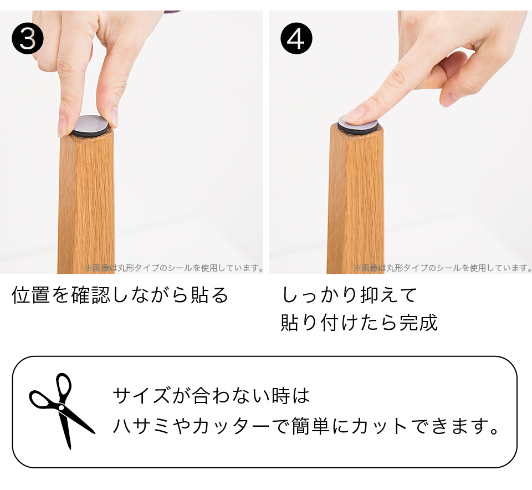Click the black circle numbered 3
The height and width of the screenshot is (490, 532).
(28, 38)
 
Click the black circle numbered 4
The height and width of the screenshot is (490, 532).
(296, 38)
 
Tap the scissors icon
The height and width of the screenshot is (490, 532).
(62, 411)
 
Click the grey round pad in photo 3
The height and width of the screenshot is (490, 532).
(91, 124)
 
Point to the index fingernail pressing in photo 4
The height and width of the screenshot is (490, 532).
(353, 114)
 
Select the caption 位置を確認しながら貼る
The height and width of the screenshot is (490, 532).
(120, 294)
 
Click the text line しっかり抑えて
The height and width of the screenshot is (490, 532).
(350, 294)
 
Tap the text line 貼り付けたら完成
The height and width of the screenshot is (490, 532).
(359, 323)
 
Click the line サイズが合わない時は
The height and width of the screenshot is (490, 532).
(211, 396)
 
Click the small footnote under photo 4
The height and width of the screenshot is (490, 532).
(442, 268)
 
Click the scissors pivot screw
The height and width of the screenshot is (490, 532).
(61, 407)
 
